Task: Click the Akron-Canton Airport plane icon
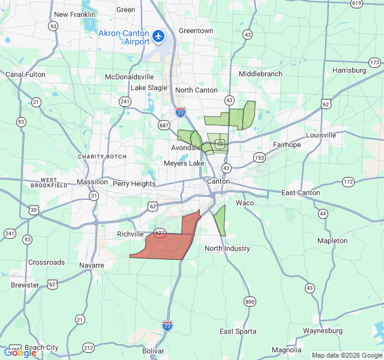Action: point(159,37)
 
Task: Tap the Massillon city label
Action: point(92,182)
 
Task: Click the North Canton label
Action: point(196,90)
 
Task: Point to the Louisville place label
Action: point(321,135)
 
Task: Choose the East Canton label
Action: point(301,193)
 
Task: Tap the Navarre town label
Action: point(92,265)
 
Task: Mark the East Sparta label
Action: point(238,331)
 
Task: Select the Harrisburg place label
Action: point(349,70)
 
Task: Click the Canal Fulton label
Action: point(25,74)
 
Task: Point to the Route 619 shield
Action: point(357,4)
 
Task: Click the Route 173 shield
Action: point(375,63)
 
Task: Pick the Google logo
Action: point(20,353)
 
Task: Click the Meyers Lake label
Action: point(184,163)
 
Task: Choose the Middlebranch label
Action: point(260,74)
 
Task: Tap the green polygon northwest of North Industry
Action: point(220,220)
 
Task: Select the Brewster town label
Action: point(25,285)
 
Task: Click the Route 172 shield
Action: point(349,182)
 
